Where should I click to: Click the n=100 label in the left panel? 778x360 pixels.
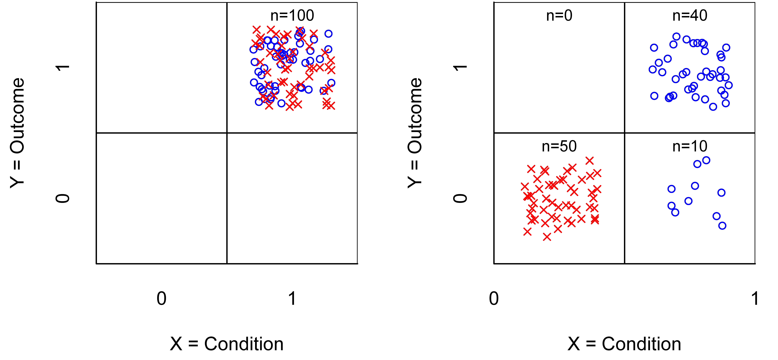pos(292,15)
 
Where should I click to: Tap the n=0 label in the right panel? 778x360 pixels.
pos(559,15)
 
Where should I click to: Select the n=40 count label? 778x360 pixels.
pos(690,15)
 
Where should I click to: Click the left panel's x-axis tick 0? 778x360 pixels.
pos(161,299)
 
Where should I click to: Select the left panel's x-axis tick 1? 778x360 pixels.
pos(292,299)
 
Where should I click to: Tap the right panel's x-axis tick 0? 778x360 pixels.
pos(494,299)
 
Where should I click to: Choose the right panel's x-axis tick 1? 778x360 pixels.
pos(755,299)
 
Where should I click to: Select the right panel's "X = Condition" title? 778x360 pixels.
pos(624,344)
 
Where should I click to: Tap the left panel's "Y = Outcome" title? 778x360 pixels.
pos(17,133)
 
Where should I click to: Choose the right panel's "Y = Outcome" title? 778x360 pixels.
pos(415,133)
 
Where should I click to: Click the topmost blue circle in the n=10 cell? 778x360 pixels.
pos(706,160)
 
